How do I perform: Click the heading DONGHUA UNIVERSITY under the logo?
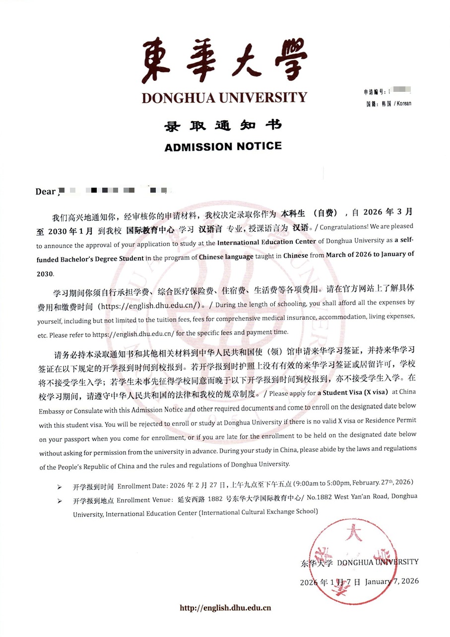[224, 97]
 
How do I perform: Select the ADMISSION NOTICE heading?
[223, 146]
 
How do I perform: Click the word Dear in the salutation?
[45, 192]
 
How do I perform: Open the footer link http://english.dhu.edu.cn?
[225, 607]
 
